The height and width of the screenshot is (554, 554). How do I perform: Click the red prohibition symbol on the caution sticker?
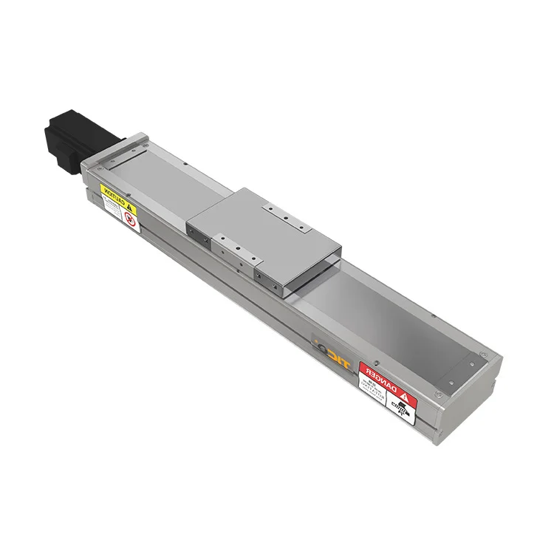click(129, 218)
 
